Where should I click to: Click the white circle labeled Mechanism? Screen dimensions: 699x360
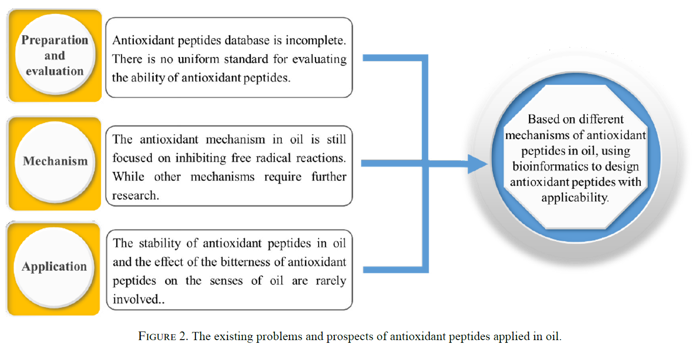[55, 162]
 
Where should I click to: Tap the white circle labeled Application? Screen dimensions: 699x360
[54, 267]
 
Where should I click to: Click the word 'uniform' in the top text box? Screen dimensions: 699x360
[199, 59]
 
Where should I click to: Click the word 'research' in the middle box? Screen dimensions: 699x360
[134, 195]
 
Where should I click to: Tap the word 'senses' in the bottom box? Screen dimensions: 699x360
[226, 281]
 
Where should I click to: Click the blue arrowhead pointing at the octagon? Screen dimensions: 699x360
[477, 164]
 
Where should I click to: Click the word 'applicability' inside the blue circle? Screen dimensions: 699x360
[575, 198]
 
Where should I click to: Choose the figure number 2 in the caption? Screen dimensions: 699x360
[182, 336]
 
